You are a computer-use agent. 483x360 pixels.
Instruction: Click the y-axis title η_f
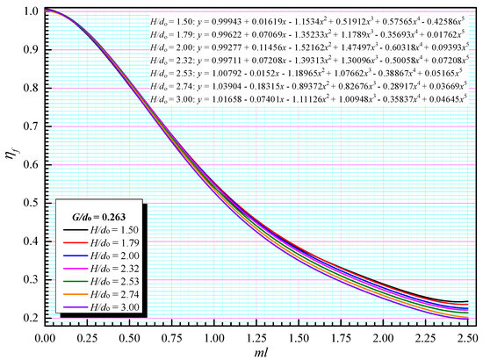[x=11, y=163]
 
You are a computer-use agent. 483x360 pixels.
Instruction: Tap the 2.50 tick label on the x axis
[x=468, y=335]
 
